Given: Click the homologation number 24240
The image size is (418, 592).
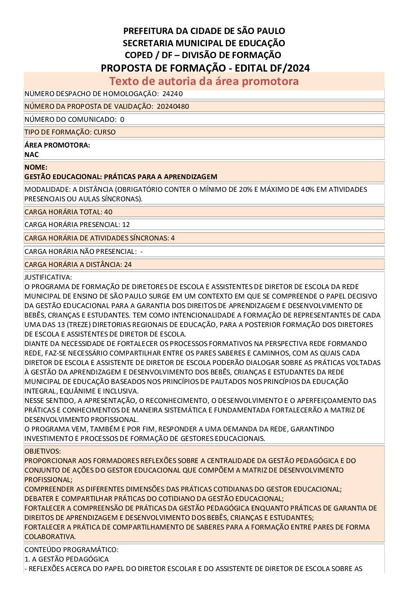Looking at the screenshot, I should [x=172, y=94].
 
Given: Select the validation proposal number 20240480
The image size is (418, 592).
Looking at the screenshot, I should [x=173, y=106].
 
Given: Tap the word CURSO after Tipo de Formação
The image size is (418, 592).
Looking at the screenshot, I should [x=105, y=132].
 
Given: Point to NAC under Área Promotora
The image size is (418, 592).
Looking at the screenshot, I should [x=32, y=155].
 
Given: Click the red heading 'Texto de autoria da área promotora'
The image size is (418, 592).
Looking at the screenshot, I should [x=204, y=81].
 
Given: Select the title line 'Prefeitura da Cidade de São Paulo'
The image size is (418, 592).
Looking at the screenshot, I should [x=204, y=31].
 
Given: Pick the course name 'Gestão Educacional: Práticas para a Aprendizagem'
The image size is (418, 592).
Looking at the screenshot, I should [x=121, y=177].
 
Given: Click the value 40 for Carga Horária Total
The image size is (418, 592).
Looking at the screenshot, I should [x=108, y=212].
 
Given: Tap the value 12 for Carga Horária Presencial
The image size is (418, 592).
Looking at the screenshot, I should [x=126, y=225].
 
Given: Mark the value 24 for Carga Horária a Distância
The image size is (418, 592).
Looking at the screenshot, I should [x=128, y=265].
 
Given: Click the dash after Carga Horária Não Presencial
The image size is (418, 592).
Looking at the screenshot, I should [x=141, y=252].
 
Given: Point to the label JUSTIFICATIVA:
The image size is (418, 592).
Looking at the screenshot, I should [x=48, y=277].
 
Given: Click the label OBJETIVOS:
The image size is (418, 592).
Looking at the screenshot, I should [x=43, y=451].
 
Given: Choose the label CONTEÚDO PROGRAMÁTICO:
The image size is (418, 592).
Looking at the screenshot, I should [x=72, y=550].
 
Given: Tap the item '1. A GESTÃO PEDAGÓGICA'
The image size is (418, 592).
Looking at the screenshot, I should [x=66, y=559].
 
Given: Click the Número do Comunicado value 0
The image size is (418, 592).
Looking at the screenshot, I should [x=122, y=119].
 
